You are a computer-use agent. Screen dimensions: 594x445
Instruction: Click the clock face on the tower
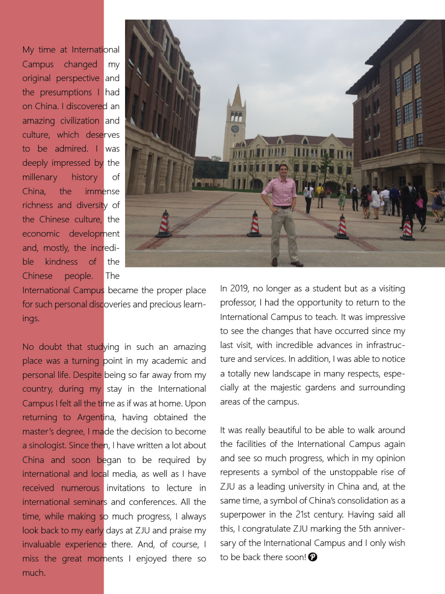[x=235, y=129]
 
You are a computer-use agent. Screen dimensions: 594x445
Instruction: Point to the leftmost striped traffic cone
[x=164, y=224]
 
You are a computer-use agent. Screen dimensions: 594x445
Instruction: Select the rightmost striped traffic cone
[x=407, y=228]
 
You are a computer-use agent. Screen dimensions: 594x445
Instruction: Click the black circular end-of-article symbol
[x=313, y=557]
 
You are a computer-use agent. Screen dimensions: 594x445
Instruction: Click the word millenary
[x=40, y=177]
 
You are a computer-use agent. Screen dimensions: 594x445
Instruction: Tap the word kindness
[x=61, y=262]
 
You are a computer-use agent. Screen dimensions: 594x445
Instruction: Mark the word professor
[x=238, y=303]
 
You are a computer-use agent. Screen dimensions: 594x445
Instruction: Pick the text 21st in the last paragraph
[x=305, y=514]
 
